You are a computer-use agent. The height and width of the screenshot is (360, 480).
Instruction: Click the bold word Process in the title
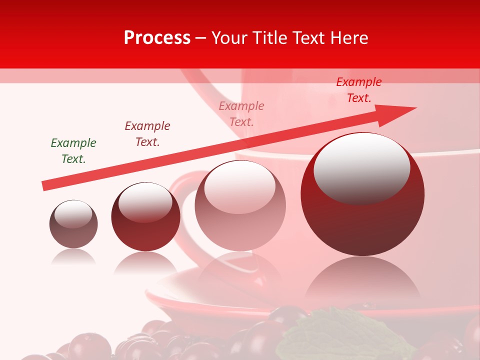157,38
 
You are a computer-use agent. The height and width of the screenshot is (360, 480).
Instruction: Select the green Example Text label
73,151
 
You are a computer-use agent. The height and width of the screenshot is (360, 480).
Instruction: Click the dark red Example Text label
147,134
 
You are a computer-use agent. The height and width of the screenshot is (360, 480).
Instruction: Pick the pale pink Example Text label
241,114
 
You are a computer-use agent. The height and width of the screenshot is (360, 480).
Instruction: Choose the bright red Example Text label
358,90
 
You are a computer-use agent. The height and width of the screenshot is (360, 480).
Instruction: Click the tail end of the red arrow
46,185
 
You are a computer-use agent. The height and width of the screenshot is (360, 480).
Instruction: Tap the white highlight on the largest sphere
361,167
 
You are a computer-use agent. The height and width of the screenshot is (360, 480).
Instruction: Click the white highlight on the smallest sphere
73,214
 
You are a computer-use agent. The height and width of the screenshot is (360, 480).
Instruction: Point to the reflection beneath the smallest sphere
73,257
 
